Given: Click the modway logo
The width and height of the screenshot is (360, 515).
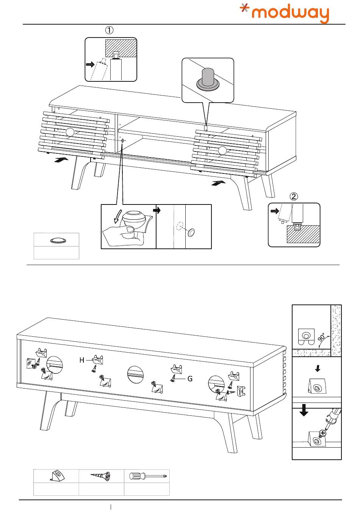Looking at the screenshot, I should click(285, 13).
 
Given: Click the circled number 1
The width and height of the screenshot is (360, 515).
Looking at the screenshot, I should click(109, 30).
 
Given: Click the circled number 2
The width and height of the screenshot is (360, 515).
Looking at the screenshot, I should click(294, 196).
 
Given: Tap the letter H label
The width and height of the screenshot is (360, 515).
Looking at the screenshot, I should click(82, 360).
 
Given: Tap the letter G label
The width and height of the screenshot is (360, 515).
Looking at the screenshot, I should click(190, 378).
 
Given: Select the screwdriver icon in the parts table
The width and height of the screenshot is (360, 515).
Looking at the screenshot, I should click(147, 476).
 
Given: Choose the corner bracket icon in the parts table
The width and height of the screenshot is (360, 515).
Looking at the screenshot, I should click(56, 476).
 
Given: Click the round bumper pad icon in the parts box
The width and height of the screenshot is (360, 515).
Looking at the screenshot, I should click(57, 240).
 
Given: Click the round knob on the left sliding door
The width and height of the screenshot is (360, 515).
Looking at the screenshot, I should click(70, 132).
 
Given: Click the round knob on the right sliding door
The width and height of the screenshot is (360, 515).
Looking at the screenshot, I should click(222, 151).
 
